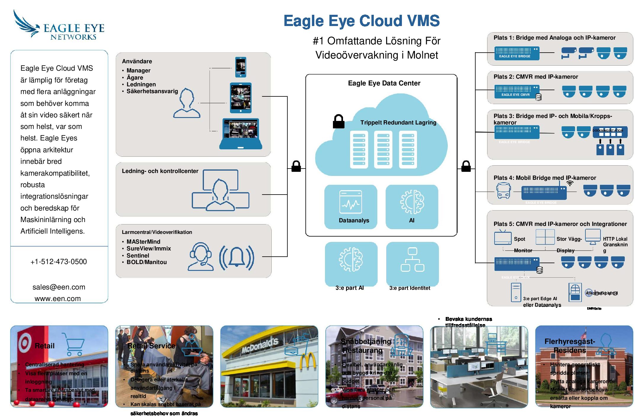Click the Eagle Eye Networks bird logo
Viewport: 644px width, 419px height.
pyautogui.click(x=26, y=24)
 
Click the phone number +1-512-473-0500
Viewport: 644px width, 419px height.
pyautogui.click(x=59, y=262)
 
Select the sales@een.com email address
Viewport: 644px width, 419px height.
pyautogui.click(x=59, y=287)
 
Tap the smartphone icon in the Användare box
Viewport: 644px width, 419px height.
pyautogui.click(x=240, y=67)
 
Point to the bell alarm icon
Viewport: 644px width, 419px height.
pyautogui.click(x=236, y=257)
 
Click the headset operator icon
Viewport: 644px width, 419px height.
pyautogui.click(x=201, y=257)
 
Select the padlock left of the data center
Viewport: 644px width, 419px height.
pyautogui.click(x=296, y=166)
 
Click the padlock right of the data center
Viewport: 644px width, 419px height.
pyautogui.click(x=466, y=166)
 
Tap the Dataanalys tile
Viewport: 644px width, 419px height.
pyautogui.click(x=351, y=207)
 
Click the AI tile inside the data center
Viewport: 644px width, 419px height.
pyautogui.click(x=412, y=207)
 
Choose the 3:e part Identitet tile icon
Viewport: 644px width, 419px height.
pyautogui.click(x=412, y=260)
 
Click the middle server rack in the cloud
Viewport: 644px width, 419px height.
pyautogui.click(x=383, y=150)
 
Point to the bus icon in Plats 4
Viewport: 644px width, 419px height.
pyautogui.click(x=503, y=191)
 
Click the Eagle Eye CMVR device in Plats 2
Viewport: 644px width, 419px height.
pyautogui.click(x=517, y=92)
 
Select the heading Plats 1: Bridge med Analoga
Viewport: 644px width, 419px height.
pyautogui.click(x=554, y=38)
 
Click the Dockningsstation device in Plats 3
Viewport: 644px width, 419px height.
pyautogui.click(x=610, y=132)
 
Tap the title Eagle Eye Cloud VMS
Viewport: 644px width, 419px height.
pyautogui.click(x=361, y=21)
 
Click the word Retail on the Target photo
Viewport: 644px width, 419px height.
pyautogui.click(x=45, y=346)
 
